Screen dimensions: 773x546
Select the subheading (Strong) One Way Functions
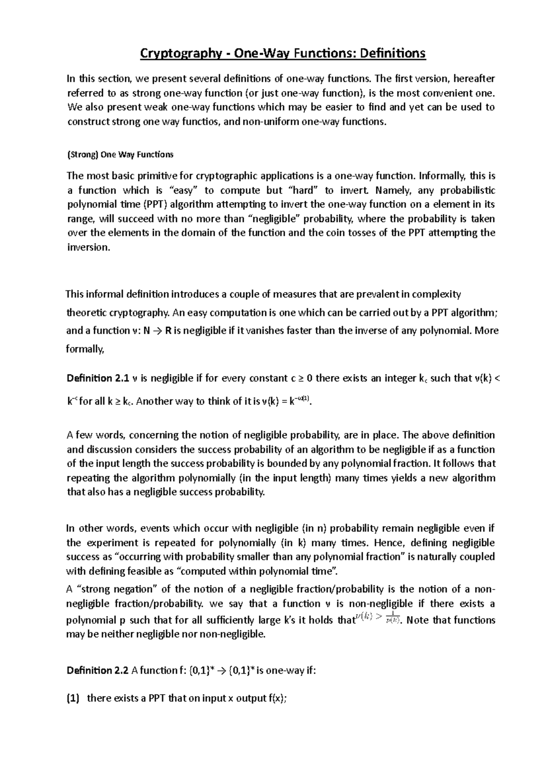[x=120, y=154]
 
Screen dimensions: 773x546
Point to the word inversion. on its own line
[x=88, y=248]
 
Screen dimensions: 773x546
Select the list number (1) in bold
[x=73, y=698]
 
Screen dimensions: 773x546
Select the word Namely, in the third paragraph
[x=388, y=190]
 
